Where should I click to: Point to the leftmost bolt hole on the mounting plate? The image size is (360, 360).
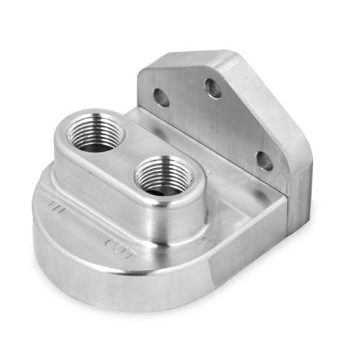161,98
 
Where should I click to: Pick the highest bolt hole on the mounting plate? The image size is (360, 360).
213,88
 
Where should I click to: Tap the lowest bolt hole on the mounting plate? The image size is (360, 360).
264,160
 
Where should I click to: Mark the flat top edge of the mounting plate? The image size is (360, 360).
196,55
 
